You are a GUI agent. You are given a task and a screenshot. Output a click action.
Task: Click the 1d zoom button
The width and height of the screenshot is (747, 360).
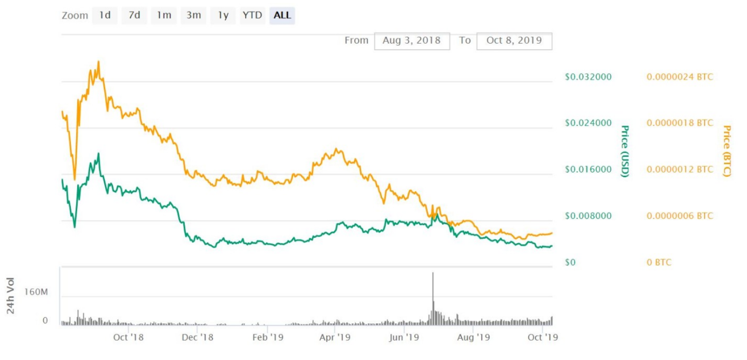pos(105,16)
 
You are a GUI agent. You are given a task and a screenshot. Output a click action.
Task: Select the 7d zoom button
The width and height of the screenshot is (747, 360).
pos(134,16)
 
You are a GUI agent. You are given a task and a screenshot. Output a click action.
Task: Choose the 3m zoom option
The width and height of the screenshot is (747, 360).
pos(194,16)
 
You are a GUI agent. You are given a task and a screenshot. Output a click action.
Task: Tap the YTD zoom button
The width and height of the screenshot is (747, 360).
pos(252,16)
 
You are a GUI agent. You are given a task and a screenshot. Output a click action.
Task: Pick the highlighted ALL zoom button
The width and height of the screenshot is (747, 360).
pos(282,16)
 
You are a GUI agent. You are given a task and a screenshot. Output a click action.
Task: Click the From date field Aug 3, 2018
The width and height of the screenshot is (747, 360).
pos(412,41)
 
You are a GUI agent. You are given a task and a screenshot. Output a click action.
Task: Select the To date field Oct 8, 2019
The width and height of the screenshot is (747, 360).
pos(514,41)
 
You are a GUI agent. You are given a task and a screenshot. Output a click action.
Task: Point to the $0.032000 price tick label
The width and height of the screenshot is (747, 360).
pos(588,77)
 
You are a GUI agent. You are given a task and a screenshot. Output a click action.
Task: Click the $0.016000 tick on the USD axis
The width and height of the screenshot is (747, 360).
pos(588,170)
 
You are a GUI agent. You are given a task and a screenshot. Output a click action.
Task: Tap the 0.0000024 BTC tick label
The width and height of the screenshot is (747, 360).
pos(680,77)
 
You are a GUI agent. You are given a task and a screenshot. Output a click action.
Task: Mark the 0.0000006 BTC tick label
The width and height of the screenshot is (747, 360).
pos(680,216)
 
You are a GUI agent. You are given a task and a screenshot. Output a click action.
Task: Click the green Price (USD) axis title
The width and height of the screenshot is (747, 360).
pos(625,151)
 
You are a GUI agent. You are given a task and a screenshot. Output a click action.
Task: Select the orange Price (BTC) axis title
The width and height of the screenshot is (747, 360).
pos(727,151)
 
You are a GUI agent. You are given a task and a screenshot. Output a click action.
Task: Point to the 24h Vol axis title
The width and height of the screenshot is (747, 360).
pos(11,296)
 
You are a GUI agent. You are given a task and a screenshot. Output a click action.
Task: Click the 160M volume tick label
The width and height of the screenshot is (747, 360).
pos(36,292)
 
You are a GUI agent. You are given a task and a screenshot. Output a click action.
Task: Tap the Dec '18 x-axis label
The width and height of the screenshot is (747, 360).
pos(197,337)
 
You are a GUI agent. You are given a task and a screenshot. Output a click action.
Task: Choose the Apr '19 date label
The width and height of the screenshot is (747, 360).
pos(335,337)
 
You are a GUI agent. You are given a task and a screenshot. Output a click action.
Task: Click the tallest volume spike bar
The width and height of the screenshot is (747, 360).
pos(433,298)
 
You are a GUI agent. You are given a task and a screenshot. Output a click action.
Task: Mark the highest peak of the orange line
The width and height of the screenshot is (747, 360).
pos(98,62)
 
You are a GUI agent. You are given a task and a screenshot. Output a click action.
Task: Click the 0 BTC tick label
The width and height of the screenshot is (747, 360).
pos(659,262)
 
